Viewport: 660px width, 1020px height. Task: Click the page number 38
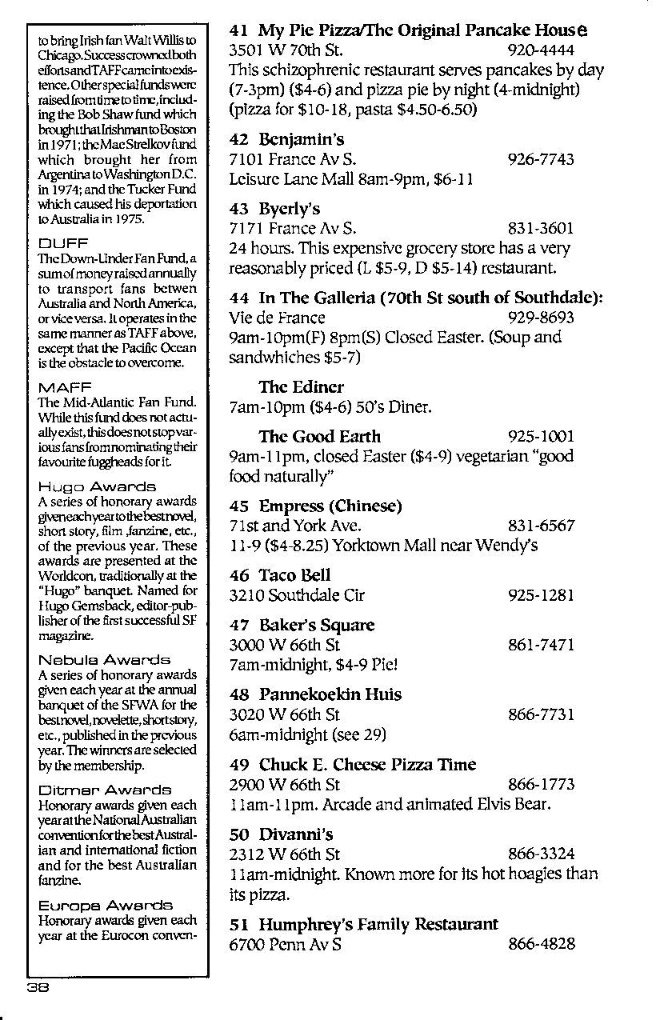(38, 987)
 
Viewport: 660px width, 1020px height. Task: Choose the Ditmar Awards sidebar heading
(105, 790)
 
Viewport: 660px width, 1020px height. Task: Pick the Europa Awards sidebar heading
(105, 906)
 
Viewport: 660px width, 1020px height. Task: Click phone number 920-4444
(541, 50)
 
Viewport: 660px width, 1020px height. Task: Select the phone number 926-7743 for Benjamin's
(541, 159)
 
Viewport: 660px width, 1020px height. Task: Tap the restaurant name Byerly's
(289, 210)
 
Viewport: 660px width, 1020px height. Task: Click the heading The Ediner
(301, 387)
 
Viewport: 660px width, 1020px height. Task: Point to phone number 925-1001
(541, 437)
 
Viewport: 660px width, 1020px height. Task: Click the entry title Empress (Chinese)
(330, 506)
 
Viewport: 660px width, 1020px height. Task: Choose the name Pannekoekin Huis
(330, 694)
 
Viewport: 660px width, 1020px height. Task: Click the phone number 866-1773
(541, 785)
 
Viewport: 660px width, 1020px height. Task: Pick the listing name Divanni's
(295, 834)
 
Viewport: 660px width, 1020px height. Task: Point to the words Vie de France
(277, 318)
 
